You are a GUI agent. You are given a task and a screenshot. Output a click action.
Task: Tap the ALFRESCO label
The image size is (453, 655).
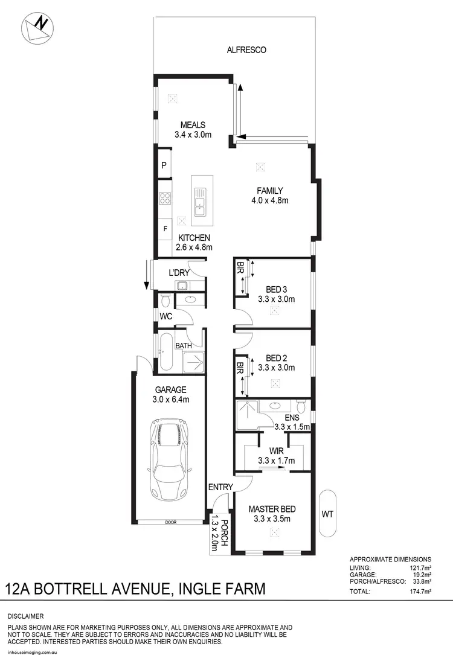(246, 50)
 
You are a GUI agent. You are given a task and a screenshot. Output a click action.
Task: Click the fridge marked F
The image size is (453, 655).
(165, 229)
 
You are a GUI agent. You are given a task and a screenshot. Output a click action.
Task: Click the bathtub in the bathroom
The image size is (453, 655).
(165, 352)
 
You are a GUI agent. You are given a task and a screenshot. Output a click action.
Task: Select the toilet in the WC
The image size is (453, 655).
(165, 299)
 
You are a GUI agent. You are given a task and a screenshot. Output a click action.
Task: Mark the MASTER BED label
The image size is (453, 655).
(272, 509)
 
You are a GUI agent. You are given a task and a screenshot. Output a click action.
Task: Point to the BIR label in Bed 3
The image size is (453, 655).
(240, 266)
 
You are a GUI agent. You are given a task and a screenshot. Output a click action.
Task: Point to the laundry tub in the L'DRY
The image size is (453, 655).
(181, 286)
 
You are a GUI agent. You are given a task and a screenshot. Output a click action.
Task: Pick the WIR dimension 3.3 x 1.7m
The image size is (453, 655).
(277, 461)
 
